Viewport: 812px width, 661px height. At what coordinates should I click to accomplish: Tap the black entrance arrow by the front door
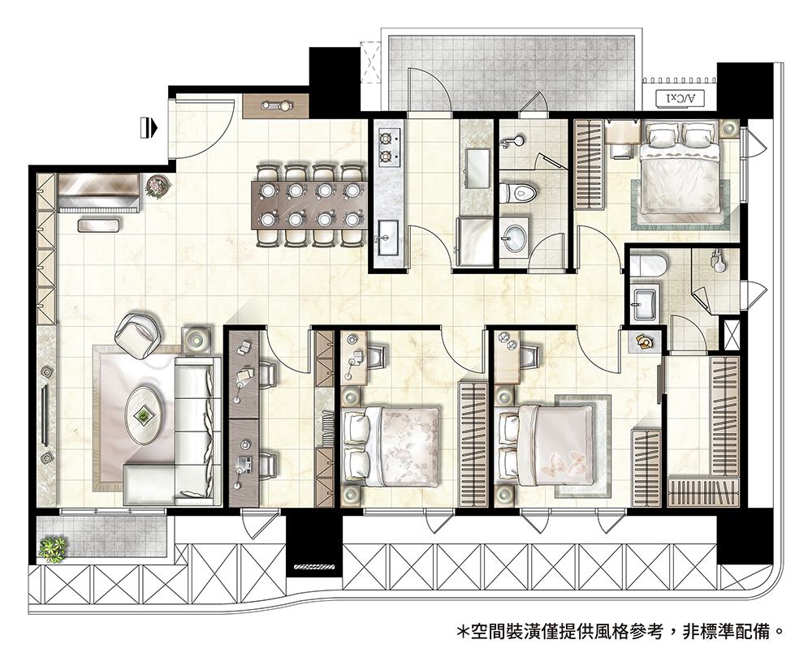tap(149, 127)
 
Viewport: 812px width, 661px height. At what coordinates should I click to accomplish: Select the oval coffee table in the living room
tap(144, 414)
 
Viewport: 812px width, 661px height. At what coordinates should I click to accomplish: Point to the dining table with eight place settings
tap(309, 204)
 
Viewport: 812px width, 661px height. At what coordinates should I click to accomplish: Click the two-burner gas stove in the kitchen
tap(390, 148)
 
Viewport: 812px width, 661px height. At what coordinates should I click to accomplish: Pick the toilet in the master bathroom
tap(648, 265)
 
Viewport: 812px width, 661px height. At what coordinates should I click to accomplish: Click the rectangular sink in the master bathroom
tap(644, 303)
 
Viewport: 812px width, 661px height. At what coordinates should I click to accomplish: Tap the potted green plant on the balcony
tap(53, 549)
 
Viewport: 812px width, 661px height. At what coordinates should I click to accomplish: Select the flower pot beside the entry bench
tap(158, 187)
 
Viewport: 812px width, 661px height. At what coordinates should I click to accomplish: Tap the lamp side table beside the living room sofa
tap(197, 339)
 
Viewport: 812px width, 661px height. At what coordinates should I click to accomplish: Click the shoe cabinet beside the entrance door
tap(275, 106)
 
